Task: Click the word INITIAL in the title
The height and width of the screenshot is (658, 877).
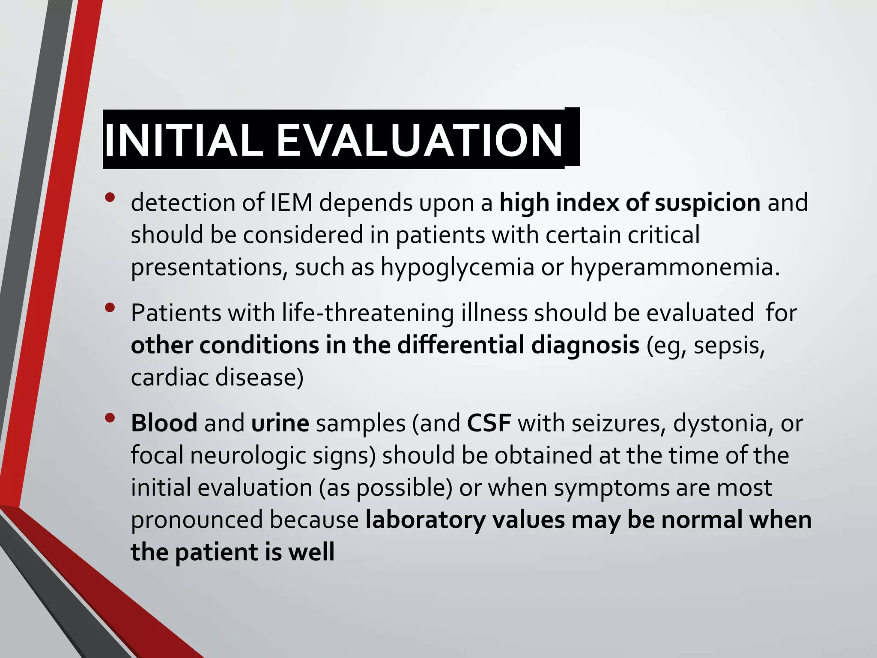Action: tap(183, 141)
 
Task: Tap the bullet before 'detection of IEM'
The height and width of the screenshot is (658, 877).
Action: tap(110, 197)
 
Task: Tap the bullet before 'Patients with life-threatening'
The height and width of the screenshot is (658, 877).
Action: tap(110, 307)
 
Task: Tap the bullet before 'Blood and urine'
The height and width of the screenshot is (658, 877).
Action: tap(110, 418)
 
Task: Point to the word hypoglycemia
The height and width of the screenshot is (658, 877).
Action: tap(457, 267)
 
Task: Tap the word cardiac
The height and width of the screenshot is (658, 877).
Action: tap(170, 377)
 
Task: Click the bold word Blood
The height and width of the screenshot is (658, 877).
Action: tap(164, 423)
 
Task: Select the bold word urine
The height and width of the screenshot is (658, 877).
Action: tap(280, 423)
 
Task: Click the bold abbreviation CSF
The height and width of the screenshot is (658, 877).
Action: tap(489, 423)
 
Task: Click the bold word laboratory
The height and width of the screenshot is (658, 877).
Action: tap(426, 520)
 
